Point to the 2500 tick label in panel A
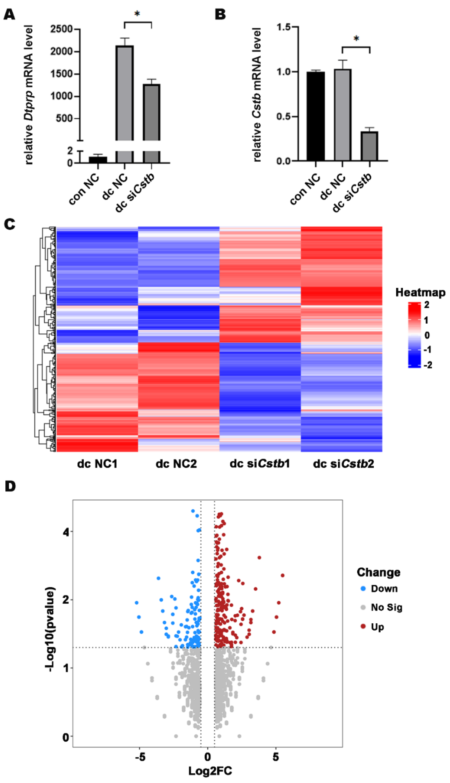click(x=61, y=29)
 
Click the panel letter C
click(x=10, y=225)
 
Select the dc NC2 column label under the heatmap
click(x=176, y=464)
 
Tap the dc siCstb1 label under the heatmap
click(x=260, y=464)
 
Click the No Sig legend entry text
click(x=387, y=608)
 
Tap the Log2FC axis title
click(x=210, y=771)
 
